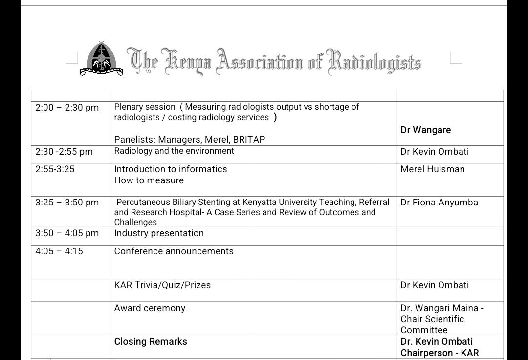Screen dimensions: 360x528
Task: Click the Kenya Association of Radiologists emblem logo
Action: (102, 59)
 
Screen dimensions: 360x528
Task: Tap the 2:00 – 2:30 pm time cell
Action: (67, 108)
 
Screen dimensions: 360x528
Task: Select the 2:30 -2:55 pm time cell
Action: (64, 152)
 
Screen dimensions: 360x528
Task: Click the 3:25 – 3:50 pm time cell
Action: (67, 202)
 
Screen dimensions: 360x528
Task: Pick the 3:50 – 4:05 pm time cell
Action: (67, 233)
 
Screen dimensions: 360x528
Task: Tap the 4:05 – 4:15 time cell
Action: (59, 251)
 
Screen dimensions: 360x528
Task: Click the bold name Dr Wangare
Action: (426, 130)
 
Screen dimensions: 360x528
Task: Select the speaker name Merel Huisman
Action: (433, 169)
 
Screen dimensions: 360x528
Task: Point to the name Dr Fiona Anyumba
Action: (439, 202)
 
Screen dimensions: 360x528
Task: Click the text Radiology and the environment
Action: (174, 151)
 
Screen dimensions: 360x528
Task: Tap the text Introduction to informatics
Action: (171, 169)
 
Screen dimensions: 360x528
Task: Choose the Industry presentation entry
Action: (159, 233)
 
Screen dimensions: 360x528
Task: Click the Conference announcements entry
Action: (174, 251)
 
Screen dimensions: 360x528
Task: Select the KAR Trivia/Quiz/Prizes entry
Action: (162, 285)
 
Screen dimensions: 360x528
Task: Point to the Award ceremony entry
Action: (150, 308)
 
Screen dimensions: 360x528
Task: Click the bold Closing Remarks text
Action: (151, 342)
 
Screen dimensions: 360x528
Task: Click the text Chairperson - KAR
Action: (440, 353)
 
